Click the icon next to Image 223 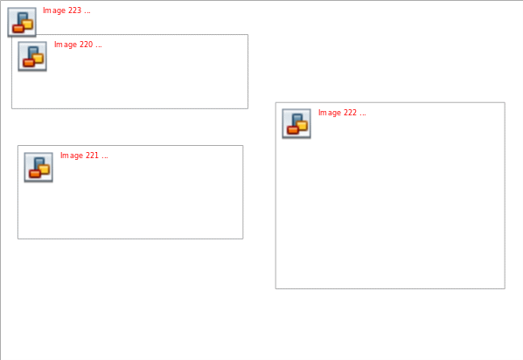click(x=22, y=22)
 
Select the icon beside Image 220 click(x=32, y=56)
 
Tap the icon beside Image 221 click(x=38, y=167)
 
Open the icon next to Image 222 click(x=296, y=123)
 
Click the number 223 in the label click(x=74, y=10)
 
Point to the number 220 click(x=86, y=45)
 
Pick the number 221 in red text click(x=92, y=156)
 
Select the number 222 click(x=350, y=113)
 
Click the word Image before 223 click(x=54, y=10)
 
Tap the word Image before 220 click(x=66, y=45)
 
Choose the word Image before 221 click(x=72, y=156)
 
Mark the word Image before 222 click(x=330, y=113)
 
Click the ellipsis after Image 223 click(x=87, y=12)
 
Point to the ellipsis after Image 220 click(x=99, y=46)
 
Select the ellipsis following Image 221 click(x=105, y=157)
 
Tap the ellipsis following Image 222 click(x=363, y=115)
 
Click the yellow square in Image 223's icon click(x=27, y=24)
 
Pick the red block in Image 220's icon click(x=29, y=63)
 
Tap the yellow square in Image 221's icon click(x=44, y=170)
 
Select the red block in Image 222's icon click(x=293, y=130)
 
